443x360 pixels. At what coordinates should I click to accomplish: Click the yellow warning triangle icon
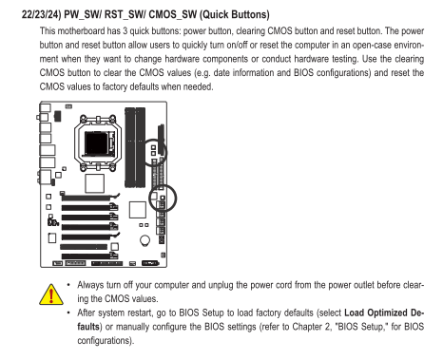(51, 294)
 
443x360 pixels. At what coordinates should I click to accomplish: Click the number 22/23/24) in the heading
(41, 14)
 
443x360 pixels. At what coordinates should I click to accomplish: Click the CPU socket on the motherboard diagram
(98, 142)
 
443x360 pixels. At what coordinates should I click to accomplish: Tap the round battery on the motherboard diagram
(144, 240)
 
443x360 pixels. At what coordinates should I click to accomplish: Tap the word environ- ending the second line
(409, 45)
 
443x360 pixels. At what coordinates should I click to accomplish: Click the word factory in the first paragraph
(115, 86)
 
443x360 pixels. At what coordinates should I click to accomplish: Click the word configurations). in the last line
(106, 341)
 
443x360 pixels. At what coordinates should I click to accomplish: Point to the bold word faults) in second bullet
(89, 327)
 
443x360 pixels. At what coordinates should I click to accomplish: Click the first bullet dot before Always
(68, 285)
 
